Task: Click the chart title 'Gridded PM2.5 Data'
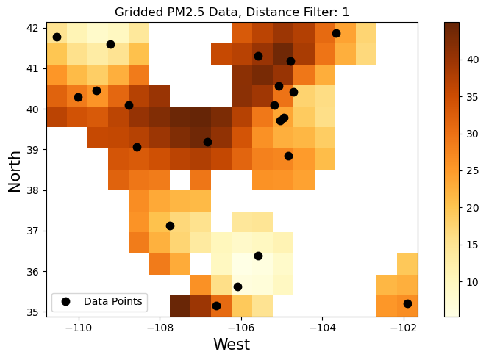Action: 232,12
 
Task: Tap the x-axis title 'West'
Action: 232,344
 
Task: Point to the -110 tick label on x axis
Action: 78,328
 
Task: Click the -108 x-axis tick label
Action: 160,328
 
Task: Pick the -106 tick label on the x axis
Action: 240,328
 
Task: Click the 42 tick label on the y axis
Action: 32,28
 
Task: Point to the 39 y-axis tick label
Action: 32,150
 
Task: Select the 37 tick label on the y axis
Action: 32,231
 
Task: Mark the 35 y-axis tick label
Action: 32,312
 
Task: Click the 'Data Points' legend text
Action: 114,301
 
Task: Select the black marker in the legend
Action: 65,301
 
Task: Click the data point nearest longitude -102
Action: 407,303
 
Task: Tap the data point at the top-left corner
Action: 57,37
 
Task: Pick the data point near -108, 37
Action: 170,226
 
